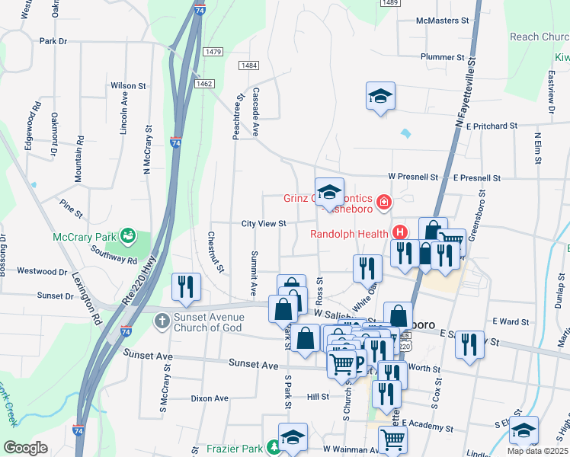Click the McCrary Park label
(83, 237)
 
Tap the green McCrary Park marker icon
(127, 235)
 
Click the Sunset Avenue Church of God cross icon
(162, 321)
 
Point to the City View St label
(263, 224)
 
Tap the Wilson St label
(128, 86)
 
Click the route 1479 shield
(213, 52)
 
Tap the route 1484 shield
(248, 66)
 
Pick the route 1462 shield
(203, 84)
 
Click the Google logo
(25, 448)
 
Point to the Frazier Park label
(235, 449)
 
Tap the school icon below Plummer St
(380, 97)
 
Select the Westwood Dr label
(43, 271)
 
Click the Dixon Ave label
(210, 398)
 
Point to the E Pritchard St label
(492, 125)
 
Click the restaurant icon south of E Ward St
(470, 344)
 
